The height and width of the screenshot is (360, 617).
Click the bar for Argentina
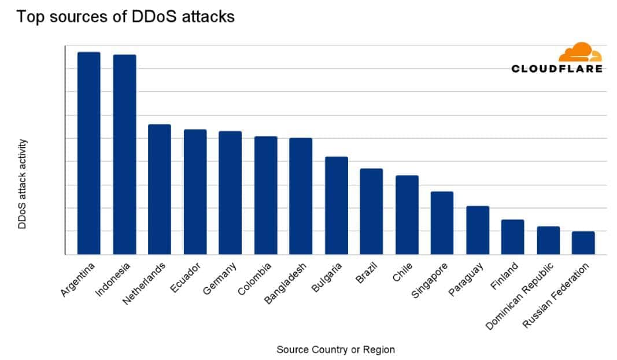pyautogui.click(x=88, y=153)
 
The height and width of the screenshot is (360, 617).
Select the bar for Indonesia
pyautogui.click(x=124, y=154)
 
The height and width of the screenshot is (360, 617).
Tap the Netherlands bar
pyautogui.click(x=160, y=189)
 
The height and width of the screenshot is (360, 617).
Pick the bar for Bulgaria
pyautogui.click(x=337, y=205)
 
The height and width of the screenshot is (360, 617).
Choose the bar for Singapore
pyautogui.click(x=442, y=222)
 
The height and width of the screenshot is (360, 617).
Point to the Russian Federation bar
pyautogui.click(x=583, y=243)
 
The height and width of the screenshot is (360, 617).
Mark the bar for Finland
pyautogui.click(x=512, y=237)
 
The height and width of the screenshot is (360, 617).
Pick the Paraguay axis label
pyautogui.click(x=469, y=280)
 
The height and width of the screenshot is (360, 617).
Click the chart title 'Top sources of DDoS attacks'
pyautogui.click(x=125, y=17)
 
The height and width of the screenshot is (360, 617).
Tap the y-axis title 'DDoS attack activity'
pyautogui.click(x=23, y=183)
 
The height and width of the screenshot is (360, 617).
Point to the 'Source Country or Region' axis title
pyautogui.click(x=335, y=350)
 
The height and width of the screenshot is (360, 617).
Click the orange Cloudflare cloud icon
pyautogui.click(x=579, y=53)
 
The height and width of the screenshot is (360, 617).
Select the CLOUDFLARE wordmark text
pyautogui.click(x=557, y=69)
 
